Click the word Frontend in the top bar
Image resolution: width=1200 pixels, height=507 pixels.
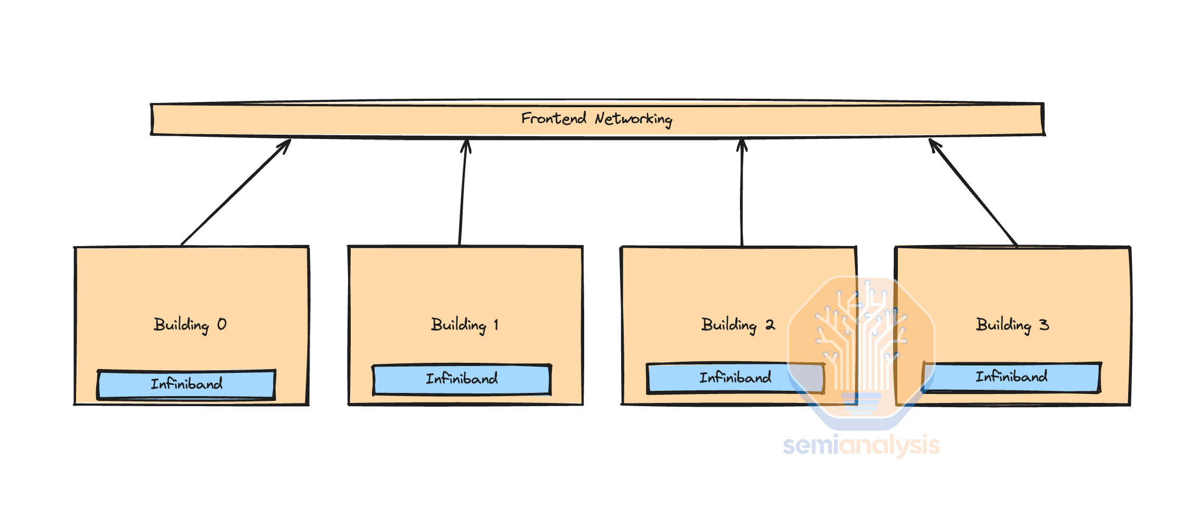tap(554, 118)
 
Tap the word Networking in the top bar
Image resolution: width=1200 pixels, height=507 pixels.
tap(633, 119)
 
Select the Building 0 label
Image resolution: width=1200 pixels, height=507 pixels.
tap(190, 325)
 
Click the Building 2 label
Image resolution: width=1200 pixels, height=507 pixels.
tap(738, 325)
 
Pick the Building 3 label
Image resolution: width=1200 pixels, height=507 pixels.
tap(1012, 325)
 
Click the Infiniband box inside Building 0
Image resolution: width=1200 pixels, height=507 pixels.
tap(186, 384)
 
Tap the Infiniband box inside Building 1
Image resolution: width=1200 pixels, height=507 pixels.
tap(462, 379)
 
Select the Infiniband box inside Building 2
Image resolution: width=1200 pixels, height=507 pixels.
tap(735, 378)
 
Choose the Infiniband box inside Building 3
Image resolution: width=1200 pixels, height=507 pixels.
tap(1011, 377)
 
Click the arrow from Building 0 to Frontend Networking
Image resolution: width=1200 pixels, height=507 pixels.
tap(236, 192)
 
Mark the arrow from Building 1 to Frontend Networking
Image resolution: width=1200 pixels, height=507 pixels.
tap(463, 192)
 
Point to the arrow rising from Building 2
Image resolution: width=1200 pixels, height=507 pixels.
tap(742, 192)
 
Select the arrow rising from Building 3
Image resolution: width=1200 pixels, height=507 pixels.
tap(973, 192)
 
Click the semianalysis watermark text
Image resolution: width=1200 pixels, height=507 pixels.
tap(861, 445)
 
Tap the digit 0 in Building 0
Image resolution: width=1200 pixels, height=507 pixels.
tap(222, 324)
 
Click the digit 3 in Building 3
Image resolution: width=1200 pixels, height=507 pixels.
tap(1044, 324)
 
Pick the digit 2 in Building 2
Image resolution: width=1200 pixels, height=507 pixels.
tap(770, 325)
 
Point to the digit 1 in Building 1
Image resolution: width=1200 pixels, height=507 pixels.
tap(496, 324)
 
